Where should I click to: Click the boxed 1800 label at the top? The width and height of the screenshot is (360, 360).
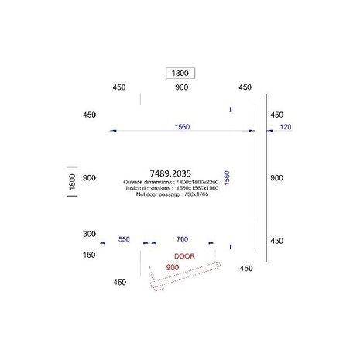click(x=180, y=73)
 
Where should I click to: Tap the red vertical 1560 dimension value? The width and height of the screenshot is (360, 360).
click(x=227, y=183)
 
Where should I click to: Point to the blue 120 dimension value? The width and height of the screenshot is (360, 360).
click(x=285, y=126)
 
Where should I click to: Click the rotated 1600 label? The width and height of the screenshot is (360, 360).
click(x=72, y=183)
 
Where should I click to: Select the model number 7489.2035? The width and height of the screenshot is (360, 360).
click(x=163, y=174)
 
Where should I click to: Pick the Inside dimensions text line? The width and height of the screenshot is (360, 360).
click(x=145, y=188)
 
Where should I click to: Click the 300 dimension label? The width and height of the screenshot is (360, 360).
click(x=90, y=233)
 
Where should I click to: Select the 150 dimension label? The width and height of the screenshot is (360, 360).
click(x=90, y=253)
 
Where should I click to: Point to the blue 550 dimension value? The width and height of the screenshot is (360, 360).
click(x=124, y=240)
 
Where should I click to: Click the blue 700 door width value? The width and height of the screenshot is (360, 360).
click(x=182, y=240)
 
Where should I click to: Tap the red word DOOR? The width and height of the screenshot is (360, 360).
click(x=184, y=255)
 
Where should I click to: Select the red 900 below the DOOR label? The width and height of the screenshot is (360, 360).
click(x=173, y=267)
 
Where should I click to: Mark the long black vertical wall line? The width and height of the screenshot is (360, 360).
click(x=266, y=178)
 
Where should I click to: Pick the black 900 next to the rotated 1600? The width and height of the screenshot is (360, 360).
click(x=90, y=177)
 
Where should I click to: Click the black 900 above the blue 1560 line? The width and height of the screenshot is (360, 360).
click(x=181, y=88)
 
